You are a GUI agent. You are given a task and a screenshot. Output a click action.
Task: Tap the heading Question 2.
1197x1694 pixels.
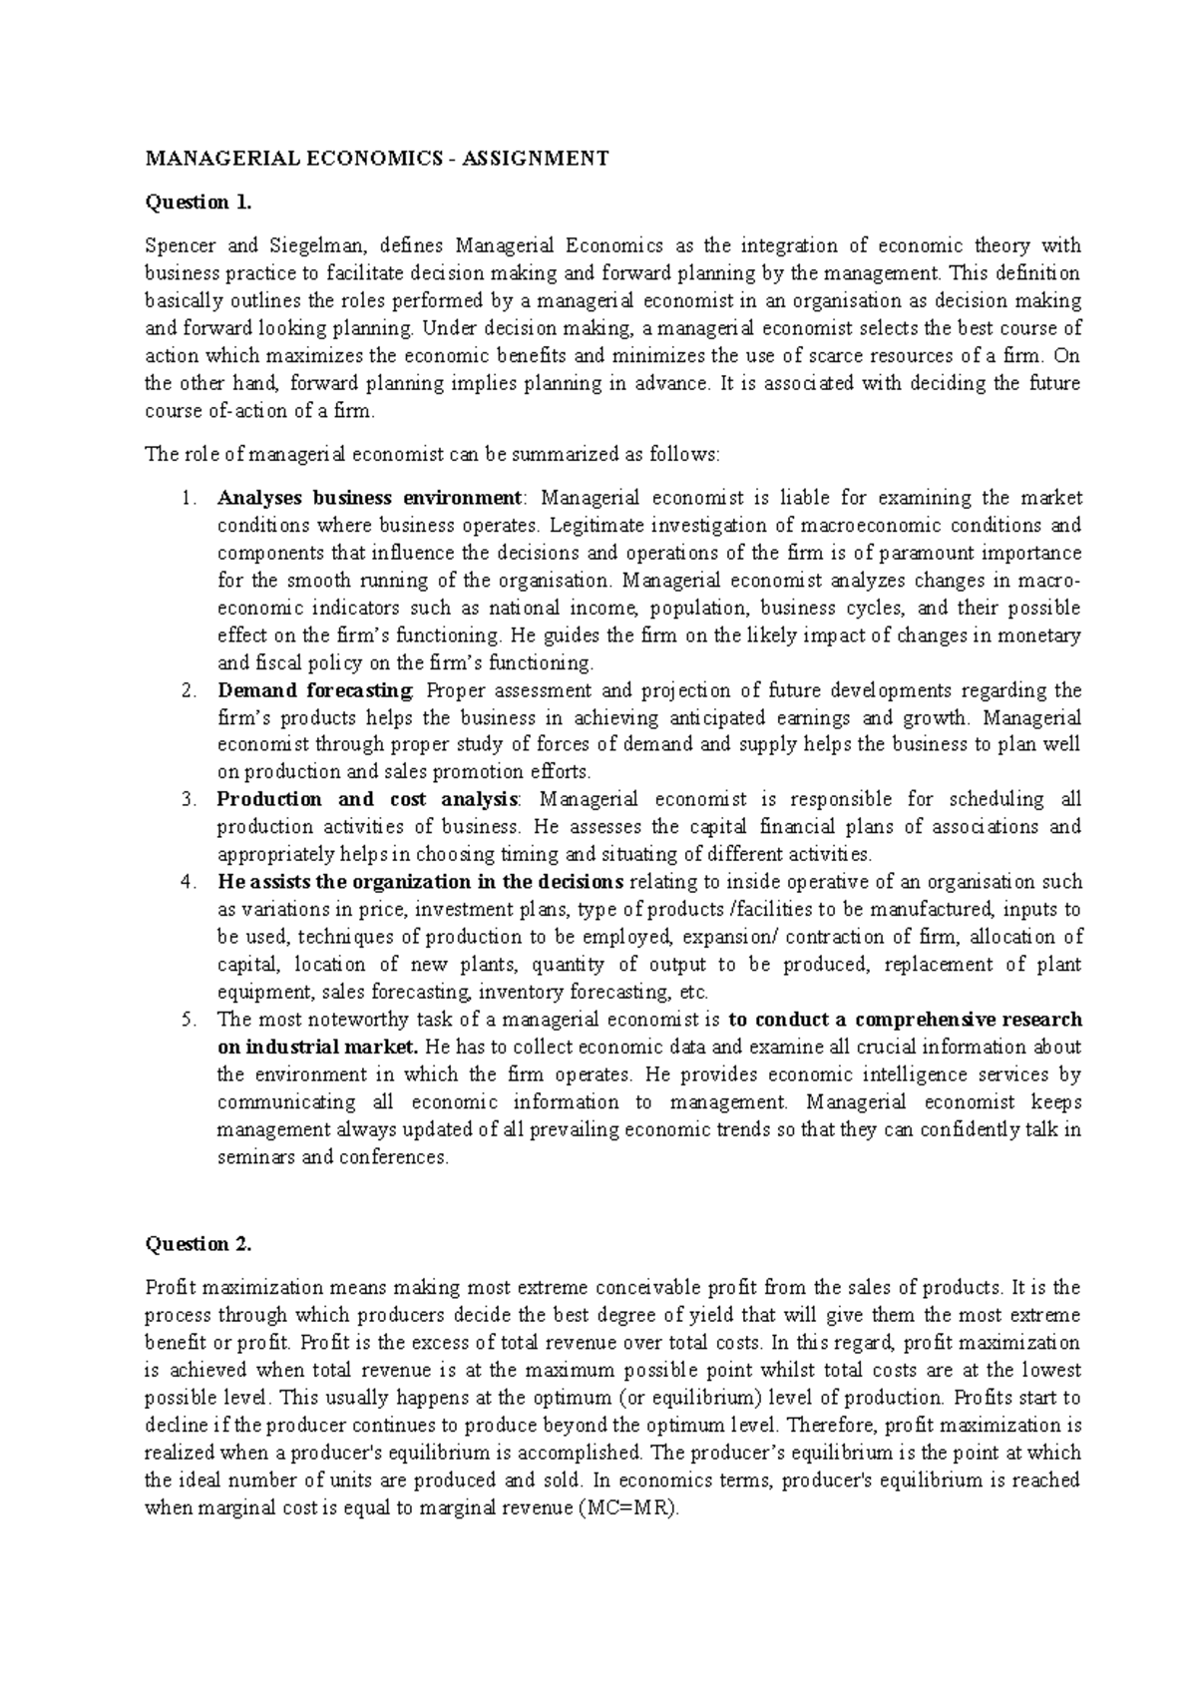(x=199, y=1244)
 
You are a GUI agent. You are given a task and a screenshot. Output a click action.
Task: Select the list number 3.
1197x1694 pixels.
(x=188, y=799)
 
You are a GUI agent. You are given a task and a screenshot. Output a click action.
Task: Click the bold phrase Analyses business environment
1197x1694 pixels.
(x=368, y=498)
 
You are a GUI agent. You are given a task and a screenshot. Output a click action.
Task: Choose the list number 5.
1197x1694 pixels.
(x=188, y=1020)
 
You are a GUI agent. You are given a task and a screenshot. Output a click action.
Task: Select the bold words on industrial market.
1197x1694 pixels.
(x=319, y=1048)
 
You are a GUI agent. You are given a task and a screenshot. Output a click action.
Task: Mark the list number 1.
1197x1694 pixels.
(x=188, y=498)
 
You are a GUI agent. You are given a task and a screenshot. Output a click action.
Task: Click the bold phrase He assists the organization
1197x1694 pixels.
(x=420, y=882)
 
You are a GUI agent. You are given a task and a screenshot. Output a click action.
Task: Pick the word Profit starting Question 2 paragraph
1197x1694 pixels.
(x=167, y=1288)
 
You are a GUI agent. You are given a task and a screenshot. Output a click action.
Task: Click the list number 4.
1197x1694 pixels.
(x=188, y=882)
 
